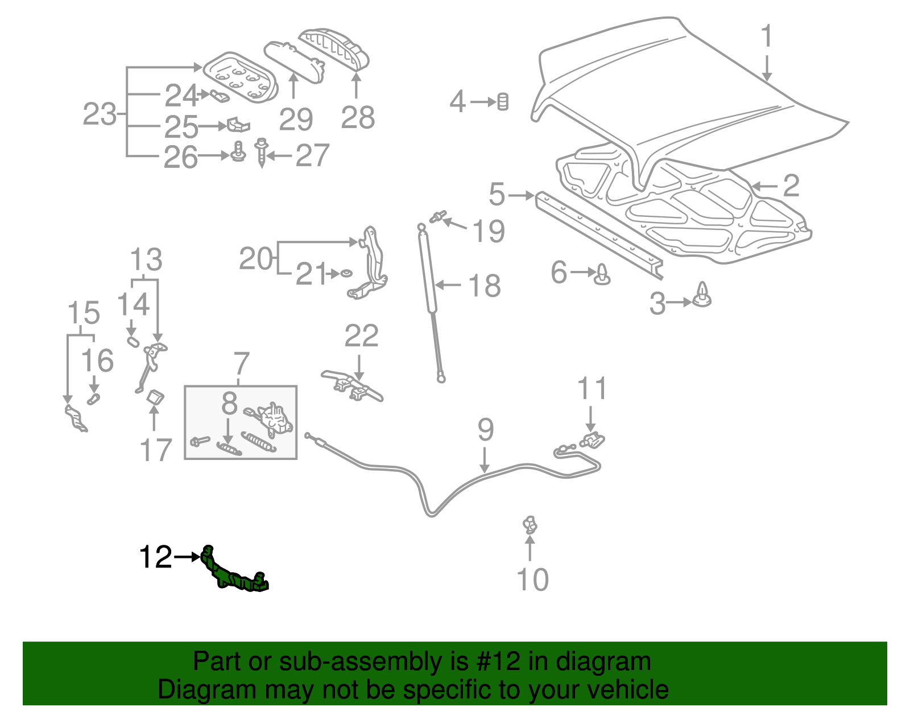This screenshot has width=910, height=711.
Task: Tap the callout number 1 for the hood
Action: [767, 36]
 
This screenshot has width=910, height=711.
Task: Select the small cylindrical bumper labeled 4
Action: [503, 102]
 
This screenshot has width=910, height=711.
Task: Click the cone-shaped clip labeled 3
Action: [703, 295]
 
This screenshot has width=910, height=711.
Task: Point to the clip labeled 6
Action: [603, 275]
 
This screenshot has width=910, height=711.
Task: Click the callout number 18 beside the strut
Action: [484, 285]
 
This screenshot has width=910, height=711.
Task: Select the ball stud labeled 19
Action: [437, 216]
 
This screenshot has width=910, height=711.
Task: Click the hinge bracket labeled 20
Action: [370, 262]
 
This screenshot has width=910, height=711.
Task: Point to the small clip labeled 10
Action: [530, 524]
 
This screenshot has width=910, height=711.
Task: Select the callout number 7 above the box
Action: [241, 363]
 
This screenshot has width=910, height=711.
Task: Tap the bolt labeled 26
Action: [238, 151]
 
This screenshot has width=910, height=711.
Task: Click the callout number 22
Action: [361, 336]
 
